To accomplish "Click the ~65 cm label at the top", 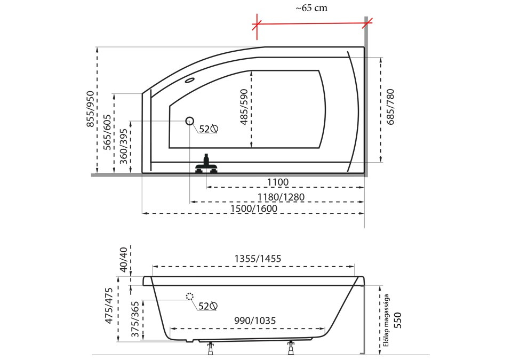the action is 311,8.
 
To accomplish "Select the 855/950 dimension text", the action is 91,109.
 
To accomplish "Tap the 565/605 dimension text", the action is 107,132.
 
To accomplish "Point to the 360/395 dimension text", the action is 124,147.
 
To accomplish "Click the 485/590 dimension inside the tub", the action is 244,107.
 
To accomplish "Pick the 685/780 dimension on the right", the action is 390,107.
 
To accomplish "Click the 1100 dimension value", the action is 278,182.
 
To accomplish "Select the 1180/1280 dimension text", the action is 281,197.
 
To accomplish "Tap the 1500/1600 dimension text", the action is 254,209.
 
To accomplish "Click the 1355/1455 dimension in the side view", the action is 258,259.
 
